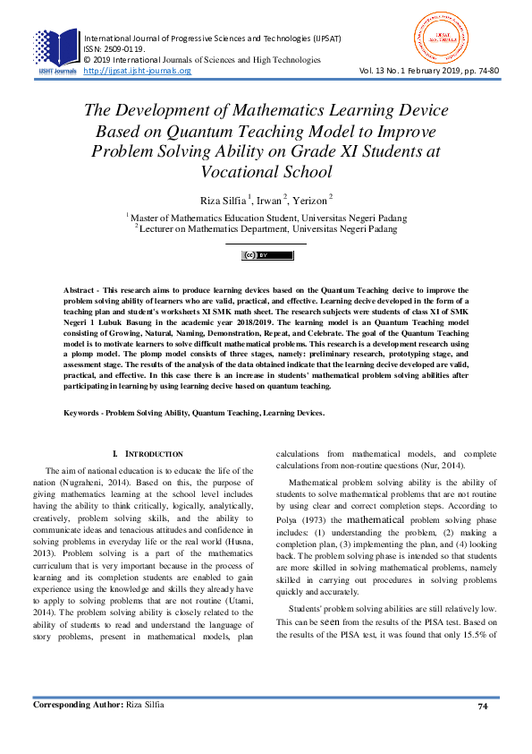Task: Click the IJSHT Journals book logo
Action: (x=56, y=49)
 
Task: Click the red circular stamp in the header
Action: (x=437, y=38)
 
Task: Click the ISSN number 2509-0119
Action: (x=115, y=49)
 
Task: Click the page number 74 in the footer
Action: (x=482, y=707)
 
